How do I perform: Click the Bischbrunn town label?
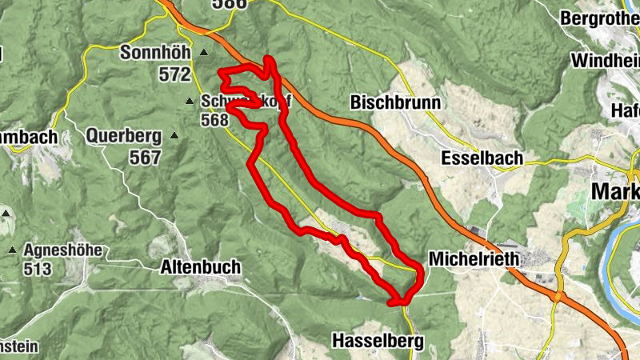coord(394,103)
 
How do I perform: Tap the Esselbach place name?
coord(482,158)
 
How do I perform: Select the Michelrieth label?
coord(474,259)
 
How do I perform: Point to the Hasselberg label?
coord(378,341)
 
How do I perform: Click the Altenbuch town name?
coord(200,267)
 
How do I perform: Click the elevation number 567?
coord(145,158)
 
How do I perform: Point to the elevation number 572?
coord(174,74)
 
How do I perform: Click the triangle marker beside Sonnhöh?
coord(203,54)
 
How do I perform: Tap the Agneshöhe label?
coord(62,250)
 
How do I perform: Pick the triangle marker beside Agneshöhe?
coord(13,250)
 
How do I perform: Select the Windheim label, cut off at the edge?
coord(606,60)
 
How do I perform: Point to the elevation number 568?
coord(215,120)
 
